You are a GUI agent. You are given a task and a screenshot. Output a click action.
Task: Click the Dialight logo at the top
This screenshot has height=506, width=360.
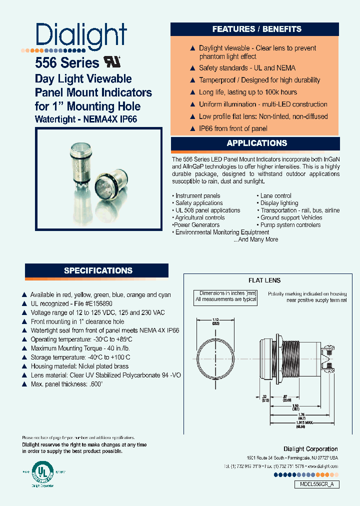tap(81, 36)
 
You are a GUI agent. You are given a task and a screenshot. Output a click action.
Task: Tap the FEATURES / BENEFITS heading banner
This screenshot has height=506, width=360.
tap(256, 29)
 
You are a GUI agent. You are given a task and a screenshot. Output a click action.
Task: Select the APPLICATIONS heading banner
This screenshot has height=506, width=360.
tap(256, 143)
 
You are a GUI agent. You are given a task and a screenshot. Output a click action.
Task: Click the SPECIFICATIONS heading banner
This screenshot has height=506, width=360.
tap(98, 270)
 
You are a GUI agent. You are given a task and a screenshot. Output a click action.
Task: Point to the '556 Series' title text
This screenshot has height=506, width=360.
tap(67, 63)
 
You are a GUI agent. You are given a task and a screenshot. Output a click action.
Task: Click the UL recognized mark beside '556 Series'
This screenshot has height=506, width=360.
tap(112, 62)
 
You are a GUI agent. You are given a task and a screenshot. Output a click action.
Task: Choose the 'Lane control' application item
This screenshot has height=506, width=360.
tap(275, 196)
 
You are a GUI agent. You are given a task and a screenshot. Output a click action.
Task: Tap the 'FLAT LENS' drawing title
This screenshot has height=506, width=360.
tap(264, 280)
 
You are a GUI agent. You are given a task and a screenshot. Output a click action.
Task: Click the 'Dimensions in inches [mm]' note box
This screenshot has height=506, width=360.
tap(226, 296)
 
